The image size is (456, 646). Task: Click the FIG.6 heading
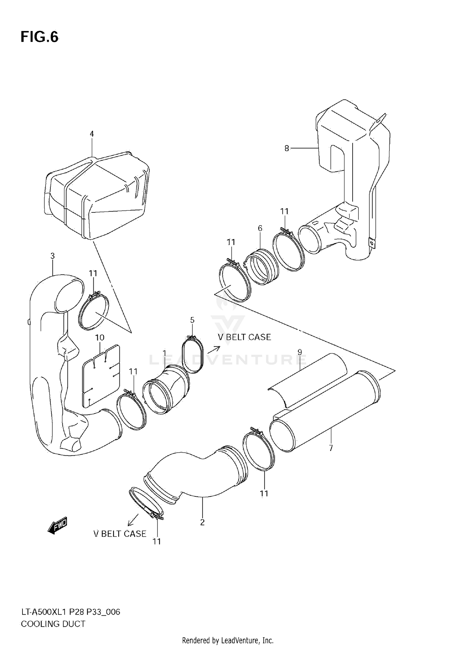pos(40,37)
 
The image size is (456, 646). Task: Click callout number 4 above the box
pos(92,134)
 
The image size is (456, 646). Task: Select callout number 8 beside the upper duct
pos(287,148)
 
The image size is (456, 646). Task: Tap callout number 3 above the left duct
pos(53,256)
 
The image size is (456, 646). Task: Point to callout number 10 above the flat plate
pos(100,337)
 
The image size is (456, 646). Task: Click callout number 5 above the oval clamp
pos(192,320)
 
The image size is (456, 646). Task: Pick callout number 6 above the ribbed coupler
pos(260,228)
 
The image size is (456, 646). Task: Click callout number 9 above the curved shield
pos(300,352)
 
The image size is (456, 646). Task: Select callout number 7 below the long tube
pos(331,448)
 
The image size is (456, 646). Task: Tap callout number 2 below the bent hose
pos(202,522)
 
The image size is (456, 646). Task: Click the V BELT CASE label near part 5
pos(244,337)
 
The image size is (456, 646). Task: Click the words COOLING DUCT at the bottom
pos(53,624)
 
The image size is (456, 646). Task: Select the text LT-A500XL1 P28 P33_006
pos(71,612)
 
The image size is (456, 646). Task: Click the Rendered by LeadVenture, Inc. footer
pos(228,641)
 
